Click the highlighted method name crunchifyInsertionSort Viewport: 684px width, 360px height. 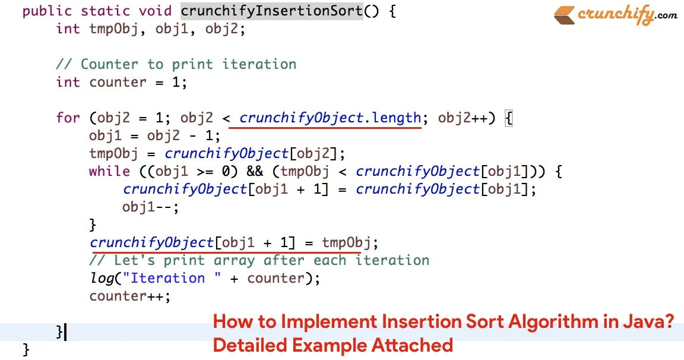[271, 11]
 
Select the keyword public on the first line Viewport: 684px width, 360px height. [47, 11]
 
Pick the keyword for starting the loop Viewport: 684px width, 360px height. [68, 118]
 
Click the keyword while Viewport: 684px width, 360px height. [109, 171]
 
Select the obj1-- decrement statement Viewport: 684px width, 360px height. [150, 207]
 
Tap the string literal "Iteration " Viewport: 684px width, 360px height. [167, 278]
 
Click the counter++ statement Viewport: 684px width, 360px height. [130, 296]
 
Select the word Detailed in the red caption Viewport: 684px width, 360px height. [250, 345]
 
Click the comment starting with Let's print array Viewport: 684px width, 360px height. [259, 260]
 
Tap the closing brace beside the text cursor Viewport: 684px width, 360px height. [59, 331]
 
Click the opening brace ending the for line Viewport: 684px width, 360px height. [508, 118]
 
